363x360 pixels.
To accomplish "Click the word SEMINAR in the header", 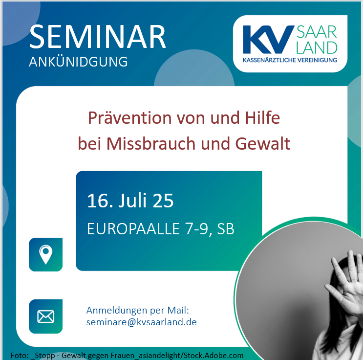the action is [97, 37].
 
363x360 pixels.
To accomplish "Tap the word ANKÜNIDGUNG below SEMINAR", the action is [78, 62].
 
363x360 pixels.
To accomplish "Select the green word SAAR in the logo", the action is [317, 32].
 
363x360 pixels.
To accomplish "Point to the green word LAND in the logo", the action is [317, 48].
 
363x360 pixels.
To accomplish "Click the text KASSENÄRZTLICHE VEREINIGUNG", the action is [290, 60].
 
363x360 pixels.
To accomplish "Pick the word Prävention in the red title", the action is [130, 118].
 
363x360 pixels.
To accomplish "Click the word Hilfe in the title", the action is [262, 117].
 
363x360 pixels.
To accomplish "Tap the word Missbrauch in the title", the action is [151, 143].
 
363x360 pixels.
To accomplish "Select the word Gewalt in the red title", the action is [263, 143].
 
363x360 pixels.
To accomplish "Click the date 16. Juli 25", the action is [130, 201].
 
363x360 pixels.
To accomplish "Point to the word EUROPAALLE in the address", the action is [133, 229].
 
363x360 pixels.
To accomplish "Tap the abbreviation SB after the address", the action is [226, 229].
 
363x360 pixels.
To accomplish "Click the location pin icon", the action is [46, 254].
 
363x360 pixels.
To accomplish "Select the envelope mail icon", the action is [46, 316].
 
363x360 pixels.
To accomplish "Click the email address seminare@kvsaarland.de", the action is [142, 322].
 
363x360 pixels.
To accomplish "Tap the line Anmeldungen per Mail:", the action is [138, 311].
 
